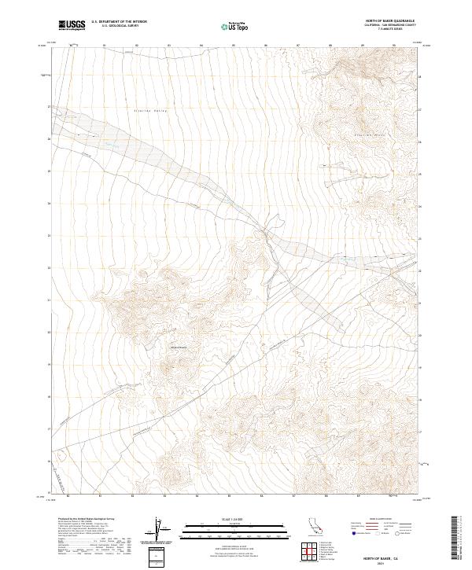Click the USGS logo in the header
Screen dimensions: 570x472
pos(72,25)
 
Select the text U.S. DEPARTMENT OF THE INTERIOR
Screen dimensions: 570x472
pos(119,22)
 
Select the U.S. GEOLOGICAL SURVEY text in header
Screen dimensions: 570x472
pos(119,26)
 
